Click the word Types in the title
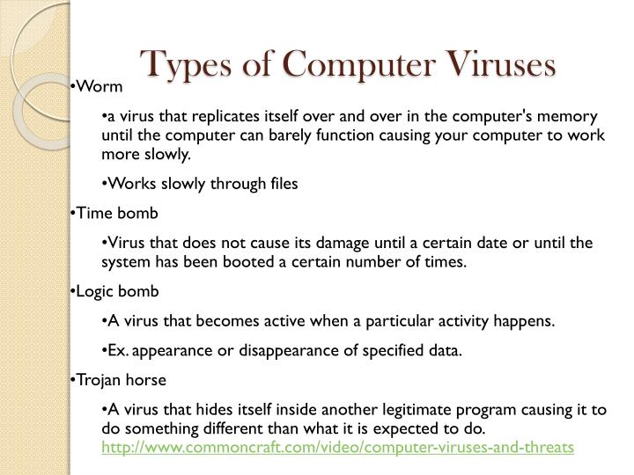click(x=183, y=64)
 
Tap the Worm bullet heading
click(x=100, y=86)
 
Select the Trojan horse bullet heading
click(x=122, y=380)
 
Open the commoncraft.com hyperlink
click(x=338, y=448)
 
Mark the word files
click(x=279, y=184)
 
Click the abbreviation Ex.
click(x=118, y=350)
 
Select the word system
click(x=127, y=262)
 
